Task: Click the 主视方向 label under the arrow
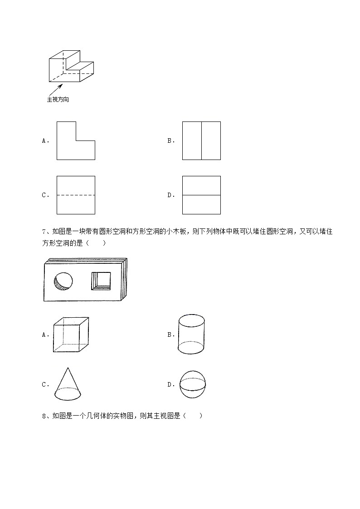[58, 99]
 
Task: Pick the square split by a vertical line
[201, 141]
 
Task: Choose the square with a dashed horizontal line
[76, 195]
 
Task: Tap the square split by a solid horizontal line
[201, 195]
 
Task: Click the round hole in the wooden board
[63, 281]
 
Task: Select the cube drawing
[71, 334]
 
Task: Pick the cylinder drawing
[191, 334]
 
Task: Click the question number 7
[44, 232]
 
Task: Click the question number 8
[44, 416]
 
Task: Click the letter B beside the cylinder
[170, 335]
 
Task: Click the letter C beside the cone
[44, 385]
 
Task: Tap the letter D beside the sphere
[170, 385]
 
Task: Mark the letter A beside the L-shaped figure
[44, 141]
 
